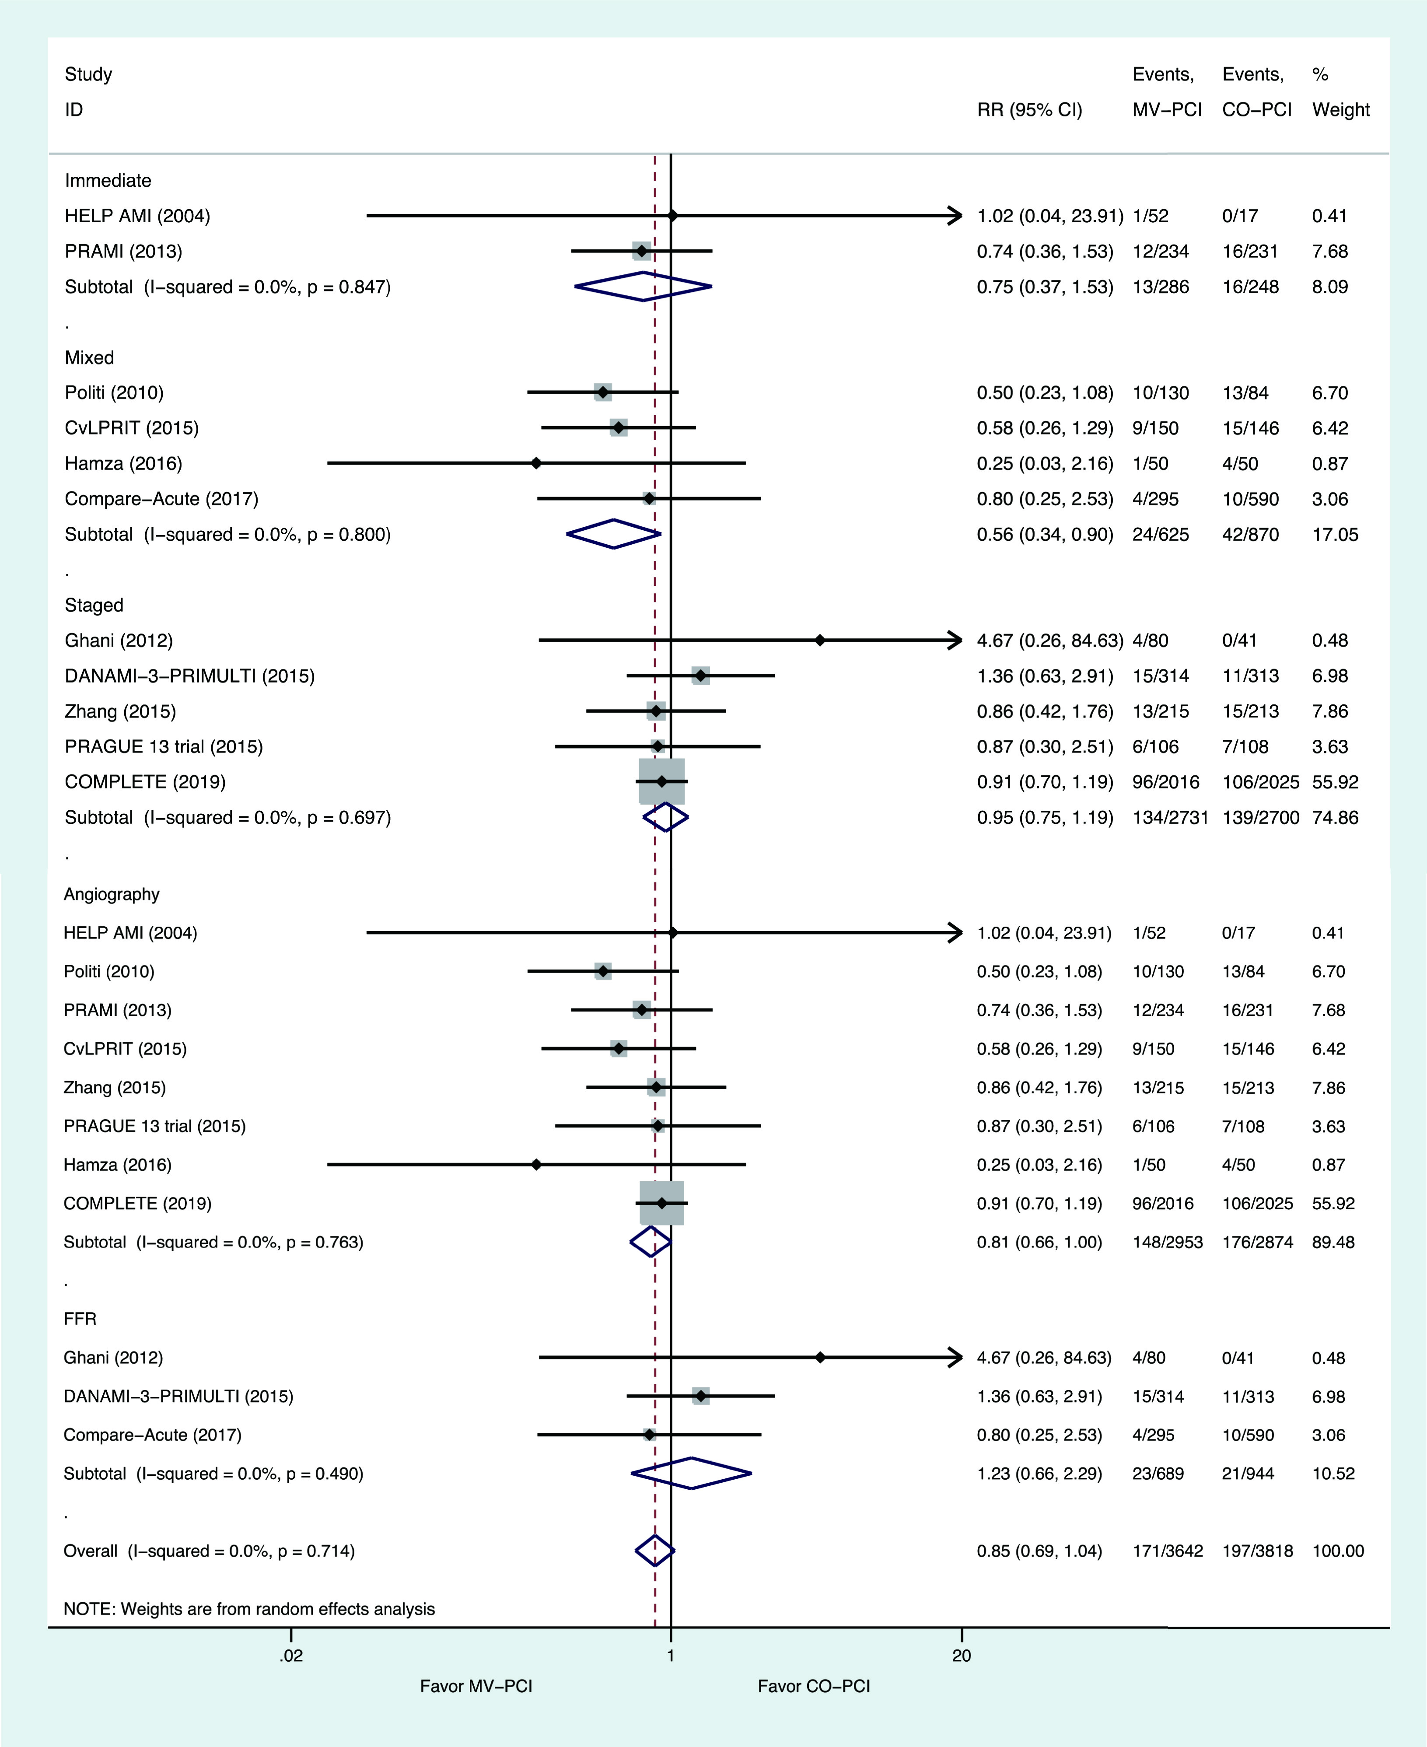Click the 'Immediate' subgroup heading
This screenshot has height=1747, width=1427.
pyautogui.click(x=108, y=181)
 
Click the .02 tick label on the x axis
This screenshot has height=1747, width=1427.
pyautogui.click(x=291, y=1655)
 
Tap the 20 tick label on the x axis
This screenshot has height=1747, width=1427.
pyautogui.click(x=962, y=1655)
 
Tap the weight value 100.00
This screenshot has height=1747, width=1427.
pyautogui.click(x=1338, y=1551)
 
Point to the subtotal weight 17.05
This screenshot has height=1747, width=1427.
pyautogui.click(x=1335, y=534)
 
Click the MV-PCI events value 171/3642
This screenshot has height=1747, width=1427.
pyautogui.click(x=1167, y=1551)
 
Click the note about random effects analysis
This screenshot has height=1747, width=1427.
pyautogui.click(x=249, y=1609)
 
